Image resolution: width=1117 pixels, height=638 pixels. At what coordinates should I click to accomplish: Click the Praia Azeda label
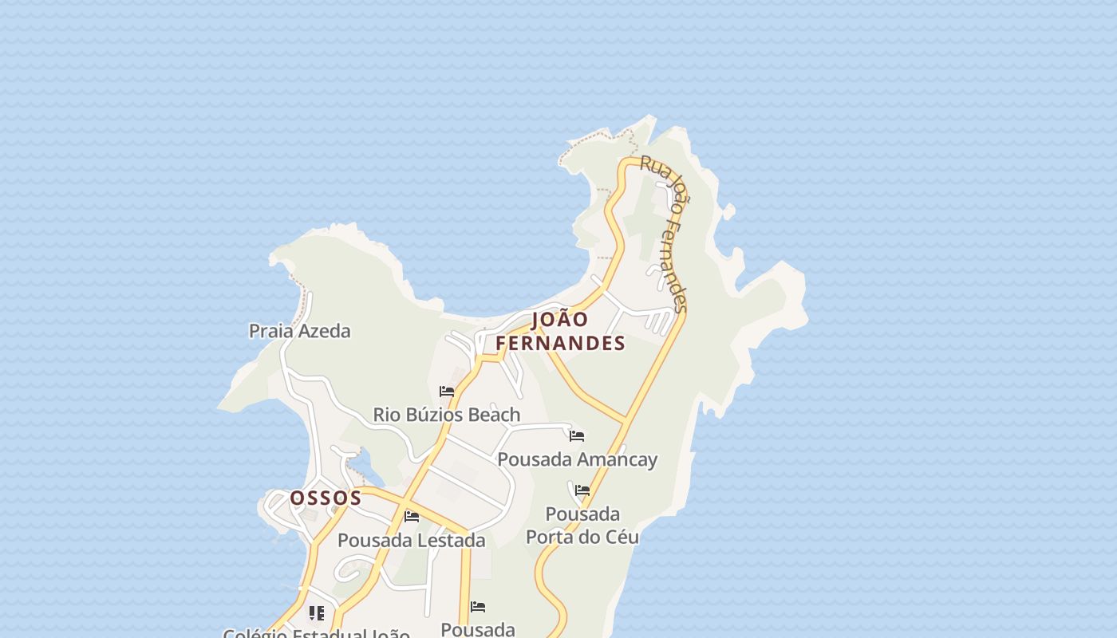(299, 331)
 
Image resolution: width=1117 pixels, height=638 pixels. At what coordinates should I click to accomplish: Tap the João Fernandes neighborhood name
(560, 331)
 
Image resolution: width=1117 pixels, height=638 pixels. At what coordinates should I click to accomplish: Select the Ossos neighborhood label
(326, 498)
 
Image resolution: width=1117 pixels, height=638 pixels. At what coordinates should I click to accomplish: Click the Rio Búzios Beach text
(446, 415)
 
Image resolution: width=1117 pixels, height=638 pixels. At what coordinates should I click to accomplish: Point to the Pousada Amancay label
(577, 459)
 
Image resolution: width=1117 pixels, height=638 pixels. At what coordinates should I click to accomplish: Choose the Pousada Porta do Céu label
(582, 525)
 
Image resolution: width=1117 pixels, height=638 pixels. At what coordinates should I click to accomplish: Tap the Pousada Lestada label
(411, 540)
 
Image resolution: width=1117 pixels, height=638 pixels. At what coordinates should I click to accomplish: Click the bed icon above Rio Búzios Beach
(447, 392)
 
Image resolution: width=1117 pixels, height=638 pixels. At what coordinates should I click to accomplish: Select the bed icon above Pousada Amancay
(577, 436)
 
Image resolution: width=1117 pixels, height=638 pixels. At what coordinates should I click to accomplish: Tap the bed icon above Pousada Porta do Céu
(582, 490)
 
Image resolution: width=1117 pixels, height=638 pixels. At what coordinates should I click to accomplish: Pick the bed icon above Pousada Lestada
(412, 517)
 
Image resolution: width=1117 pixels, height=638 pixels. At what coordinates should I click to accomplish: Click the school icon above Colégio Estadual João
(317, 613)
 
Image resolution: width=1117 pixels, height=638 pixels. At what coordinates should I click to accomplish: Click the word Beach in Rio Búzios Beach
(494, 415)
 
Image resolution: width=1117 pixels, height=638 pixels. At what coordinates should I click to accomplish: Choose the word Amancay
(617, 459)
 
